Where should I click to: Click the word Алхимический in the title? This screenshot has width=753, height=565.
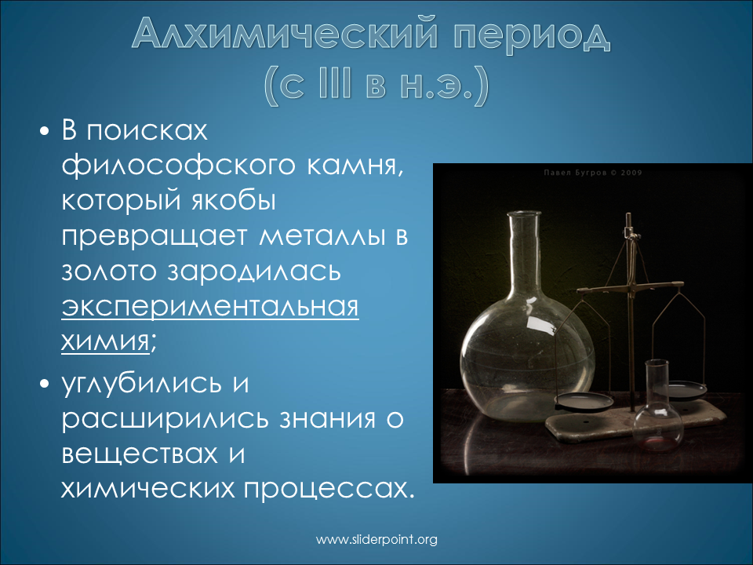(x=286, y=34)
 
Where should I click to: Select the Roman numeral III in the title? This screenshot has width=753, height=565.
(x=335, y=86)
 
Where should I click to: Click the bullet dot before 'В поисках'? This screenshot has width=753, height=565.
(x=45, y=131)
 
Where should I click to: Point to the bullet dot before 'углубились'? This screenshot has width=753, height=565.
(x=45, y=385)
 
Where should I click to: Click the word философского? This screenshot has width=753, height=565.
(x=177, y=166)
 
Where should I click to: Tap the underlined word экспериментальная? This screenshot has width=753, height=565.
(x=210, y=308)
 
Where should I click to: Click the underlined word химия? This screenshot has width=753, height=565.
(x=105, y=341)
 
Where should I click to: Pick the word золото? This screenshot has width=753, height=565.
(x=109, y=272)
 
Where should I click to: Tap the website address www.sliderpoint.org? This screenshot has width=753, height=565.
(x=376, y=540)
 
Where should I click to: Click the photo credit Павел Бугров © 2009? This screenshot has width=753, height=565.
(x=593, y=173)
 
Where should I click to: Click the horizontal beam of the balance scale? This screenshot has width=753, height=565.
(x=630, y=288)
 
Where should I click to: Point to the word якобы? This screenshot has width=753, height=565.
(x=234, y=202)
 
